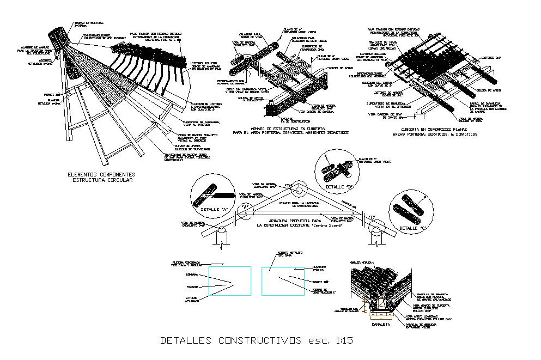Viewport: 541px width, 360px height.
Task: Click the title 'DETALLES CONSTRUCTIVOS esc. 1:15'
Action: coord(257,341)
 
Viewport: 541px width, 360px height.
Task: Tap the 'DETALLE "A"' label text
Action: coord(210,210)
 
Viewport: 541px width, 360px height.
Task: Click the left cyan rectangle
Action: coord(230,281)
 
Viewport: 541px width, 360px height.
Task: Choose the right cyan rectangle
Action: coord(283,281)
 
